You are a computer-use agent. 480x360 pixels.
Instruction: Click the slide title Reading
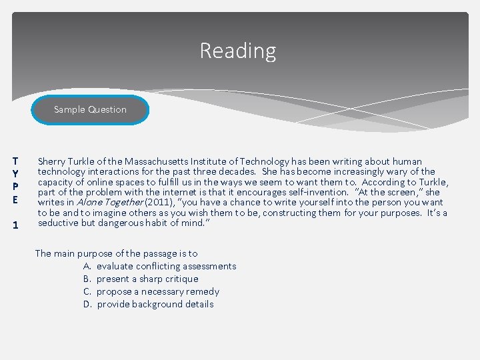[x=238, y=51]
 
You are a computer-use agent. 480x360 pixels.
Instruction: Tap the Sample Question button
[x=90, y=109]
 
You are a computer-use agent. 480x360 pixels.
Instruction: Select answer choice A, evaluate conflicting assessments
[x=166, y=266]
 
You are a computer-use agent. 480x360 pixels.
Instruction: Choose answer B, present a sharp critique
[x=147, y=279]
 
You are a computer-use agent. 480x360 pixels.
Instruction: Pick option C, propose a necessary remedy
[x=157, y=291]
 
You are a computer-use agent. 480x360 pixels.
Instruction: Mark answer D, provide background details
[x=155, y=304]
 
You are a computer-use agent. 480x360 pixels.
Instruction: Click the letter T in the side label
[x=15, y=161]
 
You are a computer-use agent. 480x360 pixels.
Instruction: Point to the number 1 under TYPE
[x=15, y=225]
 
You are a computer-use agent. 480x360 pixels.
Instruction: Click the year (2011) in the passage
[x=158, y=203]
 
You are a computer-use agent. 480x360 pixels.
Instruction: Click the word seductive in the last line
[x=58, y=223]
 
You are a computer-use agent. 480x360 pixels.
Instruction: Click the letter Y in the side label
[x=15, y=173]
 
